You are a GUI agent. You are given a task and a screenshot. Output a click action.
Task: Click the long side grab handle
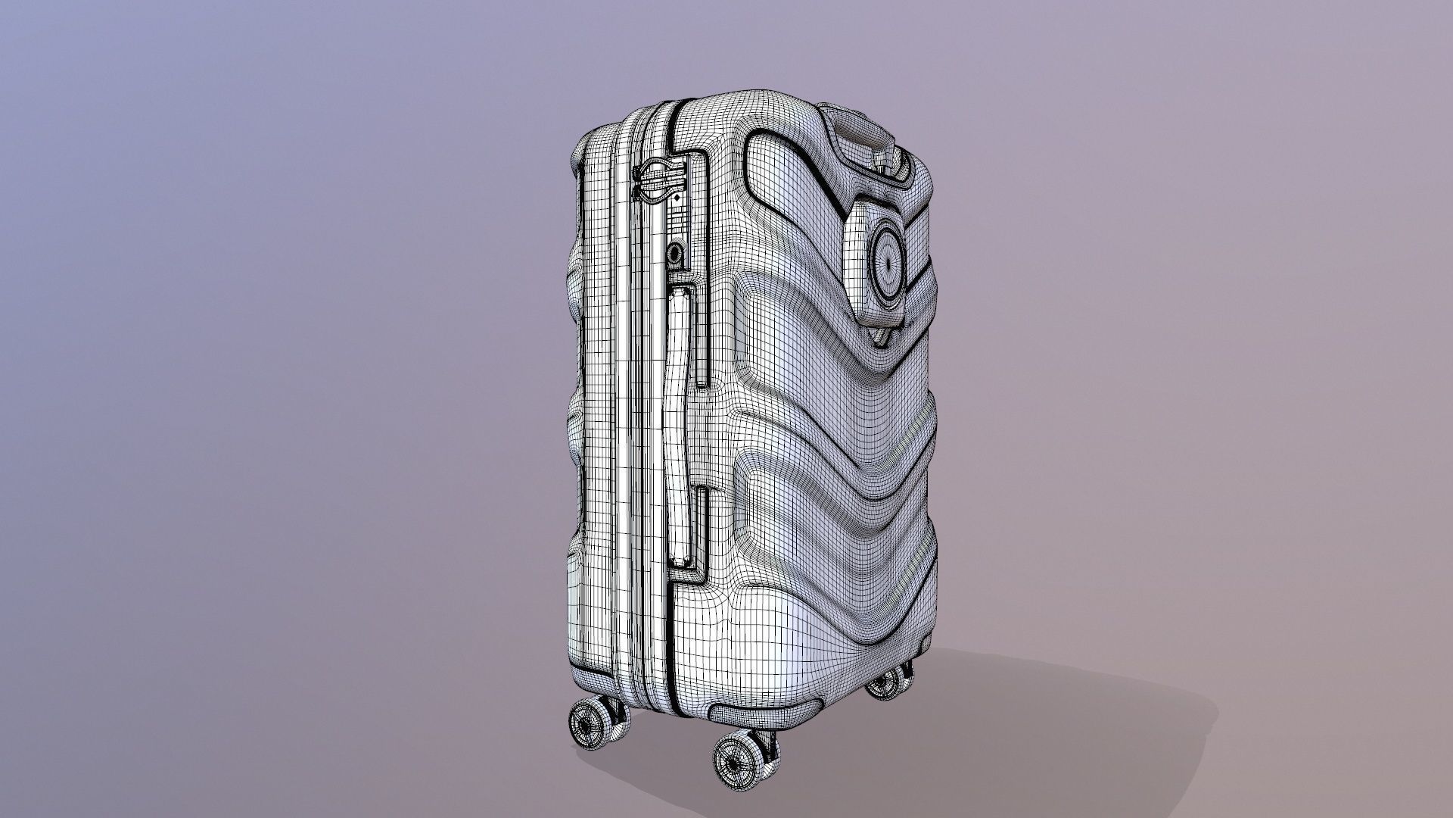tap(680, 424)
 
